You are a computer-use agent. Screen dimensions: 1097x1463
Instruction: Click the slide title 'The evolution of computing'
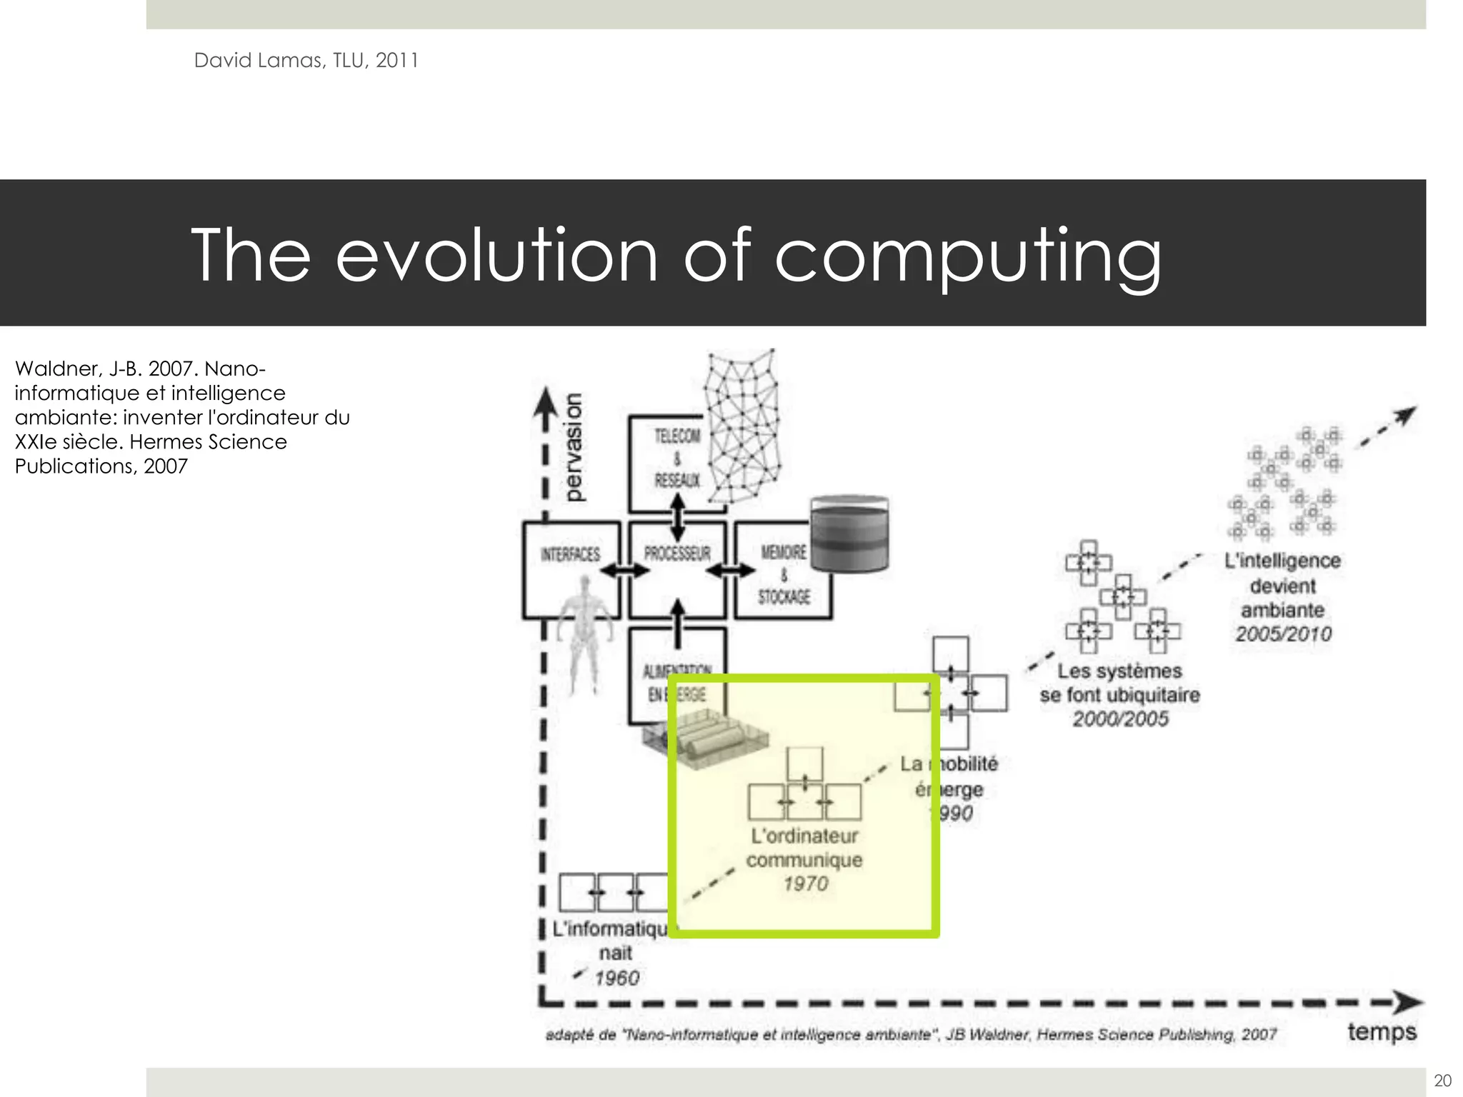676,256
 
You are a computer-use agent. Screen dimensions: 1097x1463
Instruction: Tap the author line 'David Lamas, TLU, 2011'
306,61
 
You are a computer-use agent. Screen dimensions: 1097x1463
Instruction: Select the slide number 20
1442,1081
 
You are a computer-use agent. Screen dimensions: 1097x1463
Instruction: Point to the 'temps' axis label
1382,1032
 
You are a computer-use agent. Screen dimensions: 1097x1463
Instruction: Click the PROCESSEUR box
677,553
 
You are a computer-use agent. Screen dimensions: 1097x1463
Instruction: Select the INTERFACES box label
570,554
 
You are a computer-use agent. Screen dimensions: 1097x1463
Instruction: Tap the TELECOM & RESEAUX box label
677,458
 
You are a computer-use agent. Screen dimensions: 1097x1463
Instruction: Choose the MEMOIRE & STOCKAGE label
784,574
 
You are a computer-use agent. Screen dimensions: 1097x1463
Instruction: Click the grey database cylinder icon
849,533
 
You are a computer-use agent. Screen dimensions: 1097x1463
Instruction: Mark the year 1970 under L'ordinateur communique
805,884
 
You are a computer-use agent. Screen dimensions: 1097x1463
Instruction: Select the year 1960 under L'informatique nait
617,978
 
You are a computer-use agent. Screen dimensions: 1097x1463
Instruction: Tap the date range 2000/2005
1120,718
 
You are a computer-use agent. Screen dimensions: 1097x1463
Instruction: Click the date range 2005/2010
1283,634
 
